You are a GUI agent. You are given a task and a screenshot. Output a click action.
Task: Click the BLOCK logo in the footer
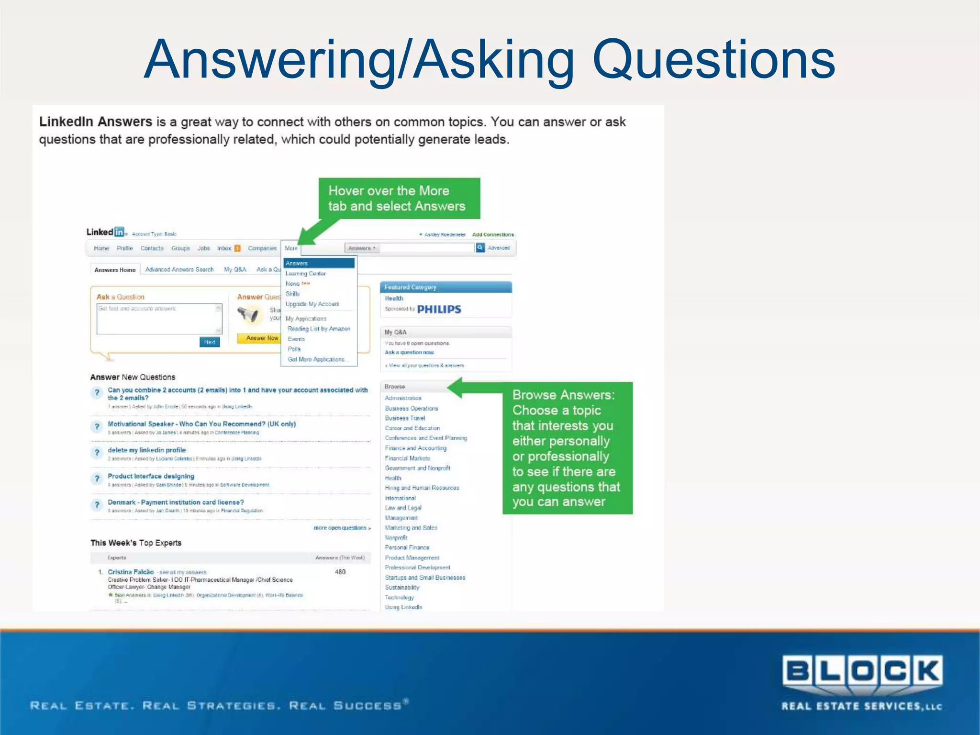click(x=862, y=671)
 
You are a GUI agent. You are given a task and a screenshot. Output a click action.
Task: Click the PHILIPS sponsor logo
click(x=439, y=310)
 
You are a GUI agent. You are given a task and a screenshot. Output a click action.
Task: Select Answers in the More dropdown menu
click(x=319, y=263)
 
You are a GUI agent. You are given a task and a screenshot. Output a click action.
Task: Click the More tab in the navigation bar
click(x=291, y=248)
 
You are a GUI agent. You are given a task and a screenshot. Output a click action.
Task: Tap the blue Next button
click(x=210, y=342)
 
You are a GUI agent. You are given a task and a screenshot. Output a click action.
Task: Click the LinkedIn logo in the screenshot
click(x=105, y=232)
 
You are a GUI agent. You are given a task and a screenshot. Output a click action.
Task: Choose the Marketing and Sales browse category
click(x=411, y=528)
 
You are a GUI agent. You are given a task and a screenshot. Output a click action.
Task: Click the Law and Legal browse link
click(x=403, y=508)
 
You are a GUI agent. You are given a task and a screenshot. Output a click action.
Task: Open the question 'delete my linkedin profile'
click(x=146, y=450)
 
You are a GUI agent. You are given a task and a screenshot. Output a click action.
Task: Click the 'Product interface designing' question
click(x=151, y=476)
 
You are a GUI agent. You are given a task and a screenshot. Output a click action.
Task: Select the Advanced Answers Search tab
click(x=179, y=270)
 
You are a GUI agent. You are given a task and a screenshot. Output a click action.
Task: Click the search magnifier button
click(x=480, y=248)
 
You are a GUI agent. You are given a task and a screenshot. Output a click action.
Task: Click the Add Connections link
click(x=493, y=234)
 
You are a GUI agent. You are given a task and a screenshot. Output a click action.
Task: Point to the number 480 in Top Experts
click(x=340, y=572)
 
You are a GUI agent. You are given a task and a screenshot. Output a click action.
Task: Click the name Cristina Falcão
click(x=131, y=572)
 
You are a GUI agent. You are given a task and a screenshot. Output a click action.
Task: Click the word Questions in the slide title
click(x=713, y=60)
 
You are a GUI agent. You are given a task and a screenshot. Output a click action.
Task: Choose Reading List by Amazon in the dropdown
click(x=319, y=329)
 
